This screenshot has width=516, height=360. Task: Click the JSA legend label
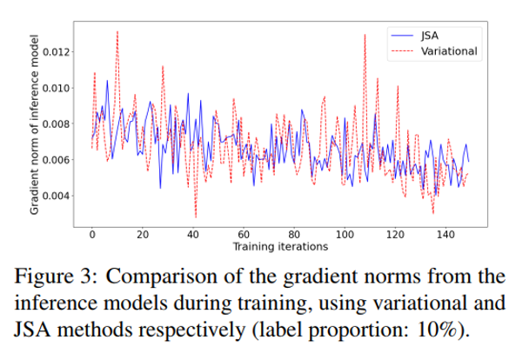point(430,36)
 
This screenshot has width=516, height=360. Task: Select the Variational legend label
point(449,51)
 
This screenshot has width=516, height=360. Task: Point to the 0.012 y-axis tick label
point(56,52)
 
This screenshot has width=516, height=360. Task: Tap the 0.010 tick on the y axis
point(56,88)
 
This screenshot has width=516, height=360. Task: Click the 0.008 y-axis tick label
point(56,124)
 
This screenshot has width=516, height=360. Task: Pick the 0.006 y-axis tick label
point(56,160)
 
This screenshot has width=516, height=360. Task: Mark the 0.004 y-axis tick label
point(56,196)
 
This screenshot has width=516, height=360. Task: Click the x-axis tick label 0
point(92,235)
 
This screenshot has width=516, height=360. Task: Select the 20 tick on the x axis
point(143,235)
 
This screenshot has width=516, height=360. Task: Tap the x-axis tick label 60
point(244,235)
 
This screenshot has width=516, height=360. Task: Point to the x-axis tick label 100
point(345,235)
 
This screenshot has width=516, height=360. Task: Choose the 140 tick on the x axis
point(446,235)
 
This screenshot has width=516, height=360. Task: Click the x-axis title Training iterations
point(280,247)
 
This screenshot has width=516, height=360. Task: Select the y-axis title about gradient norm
point(34,124)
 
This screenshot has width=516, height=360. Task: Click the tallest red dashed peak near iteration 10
point(117,31)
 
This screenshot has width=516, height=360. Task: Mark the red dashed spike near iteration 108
point(365,35)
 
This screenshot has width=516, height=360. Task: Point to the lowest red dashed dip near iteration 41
point(196,217)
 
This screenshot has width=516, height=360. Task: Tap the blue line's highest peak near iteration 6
point(107,81)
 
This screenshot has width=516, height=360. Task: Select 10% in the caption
point(437,330)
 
